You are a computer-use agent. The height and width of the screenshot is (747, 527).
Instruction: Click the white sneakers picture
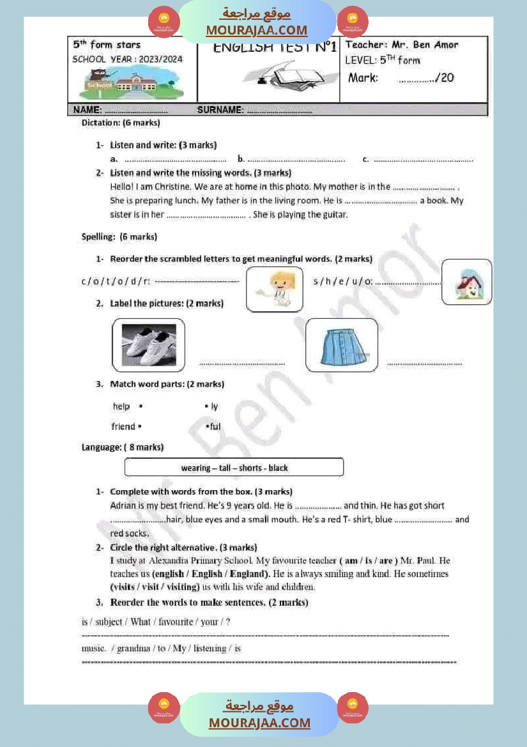point(148,345)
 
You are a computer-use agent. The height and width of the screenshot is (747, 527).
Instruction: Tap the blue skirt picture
point(341,345)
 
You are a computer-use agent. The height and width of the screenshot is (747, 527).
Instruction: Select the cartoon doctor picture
point(274,289)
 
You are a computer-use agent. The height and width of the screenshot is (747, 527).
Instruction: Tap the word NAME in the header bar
point(88,110)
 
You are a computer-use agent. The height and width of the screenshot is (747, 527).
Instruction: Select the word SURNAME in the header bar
point(220,110)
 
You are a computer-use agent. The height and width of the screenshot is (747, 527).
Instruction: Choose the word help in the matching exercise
point(121,406)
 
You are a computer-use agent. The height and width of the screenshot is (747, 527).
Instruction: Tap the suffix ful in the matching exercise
point(215,427)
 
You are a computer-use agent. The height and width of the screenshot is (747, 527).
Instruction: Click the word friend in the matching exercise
point(123,427)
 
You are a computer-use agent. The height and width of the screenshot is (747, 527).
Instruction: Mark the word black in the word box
point(278,468)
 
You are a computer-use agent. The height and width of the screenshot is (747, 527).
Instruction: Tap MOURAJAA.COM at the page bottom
point(259,723)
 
